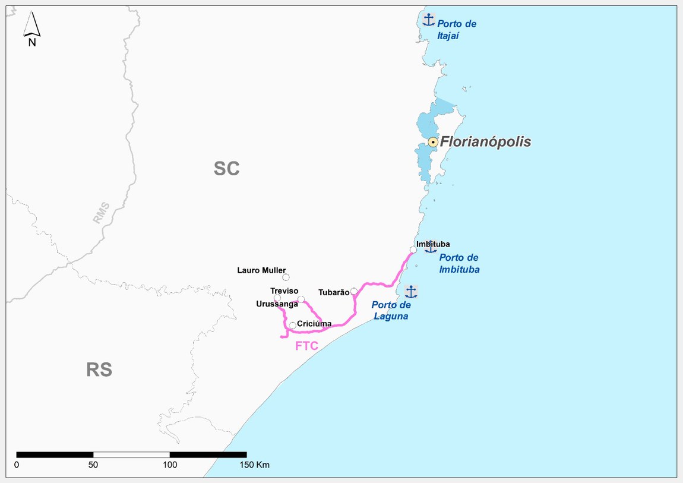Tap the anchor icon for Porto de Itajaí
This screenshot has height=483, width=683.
(428, 20)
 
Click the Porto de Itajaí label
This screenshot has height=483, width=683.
(457, 30)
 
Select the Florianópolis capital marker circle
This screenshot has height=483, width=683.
(433, 142)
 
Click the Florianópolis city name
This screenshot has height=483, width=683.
(485, 142)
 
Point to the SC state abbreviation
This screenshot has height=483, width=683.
(226, 169)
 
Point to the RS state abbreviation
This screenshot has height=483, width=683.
(99, 370)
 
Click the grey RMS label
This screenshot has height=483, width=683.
(101, 213)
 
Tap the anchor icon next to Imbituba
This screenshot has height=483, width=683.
(431, 247)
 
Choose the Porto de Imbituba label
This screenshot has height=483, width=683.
(459, 263)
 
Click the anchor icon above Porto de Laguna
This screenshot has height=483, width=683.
(410, 291)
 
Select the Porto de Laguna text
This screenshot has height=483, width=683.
(391, 310)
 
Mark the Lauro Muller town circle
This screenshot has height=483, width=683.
(286, 277)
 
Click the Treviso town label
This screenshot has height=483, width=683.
(283, 291)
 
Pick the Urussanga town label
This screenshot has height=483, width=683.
(277, 304)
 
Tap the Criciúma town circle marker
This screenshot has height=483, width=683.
(292, 325)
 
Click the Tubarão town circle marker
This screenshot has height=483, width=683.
(354, 291)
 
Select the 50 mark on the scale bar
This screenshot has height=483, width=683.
(93, 465)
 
